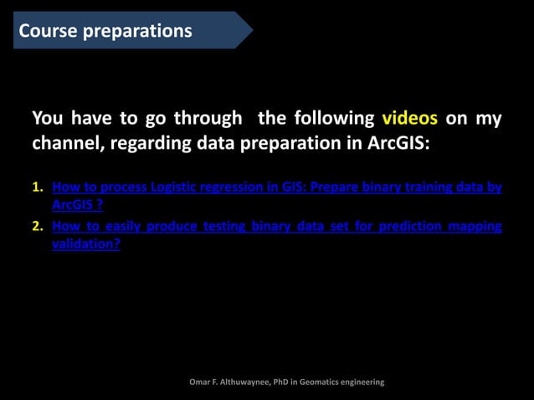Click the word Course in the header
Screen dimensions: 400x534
49,31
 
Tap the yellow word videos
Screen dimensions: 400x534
410,118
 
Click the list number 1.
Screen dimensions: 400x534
37,187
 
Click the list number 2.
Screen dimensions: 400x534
37,227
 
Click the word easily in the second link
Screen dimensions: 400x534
124,227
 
